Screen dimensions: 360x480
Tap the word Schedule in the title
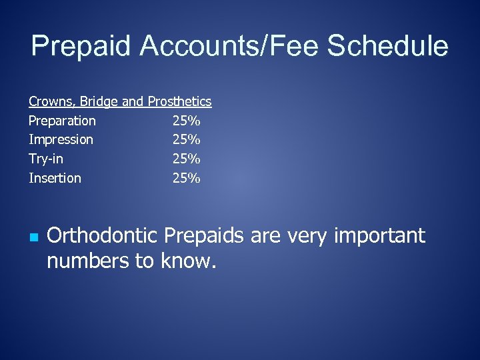click(x=387, y=47)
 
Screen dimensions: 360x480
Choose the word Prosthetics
click(x=179, y=102)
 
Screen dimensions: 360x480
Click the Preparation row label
click(x=62, y=121)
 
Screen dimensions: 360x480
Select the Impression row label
click(x=61, y=140)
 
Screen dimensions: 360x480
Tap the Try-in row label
click(x=46, y=159)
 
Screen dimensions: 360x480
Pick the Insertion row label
click(x=55, y=178)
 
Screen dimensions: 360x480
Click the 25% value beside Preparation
click(x=186, y=121)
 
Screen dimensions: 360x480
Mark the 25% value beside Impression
click(x=186, y=140)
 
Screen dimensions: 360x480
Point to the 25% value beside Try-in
click(x=186, y=159)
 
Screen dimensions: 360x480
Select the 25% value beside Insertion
click(x=186, y=178)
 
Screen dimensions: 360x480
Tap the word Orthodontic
click(x=103, y=236)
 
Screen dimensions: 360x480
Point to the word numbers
click(x=88, y=261)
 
